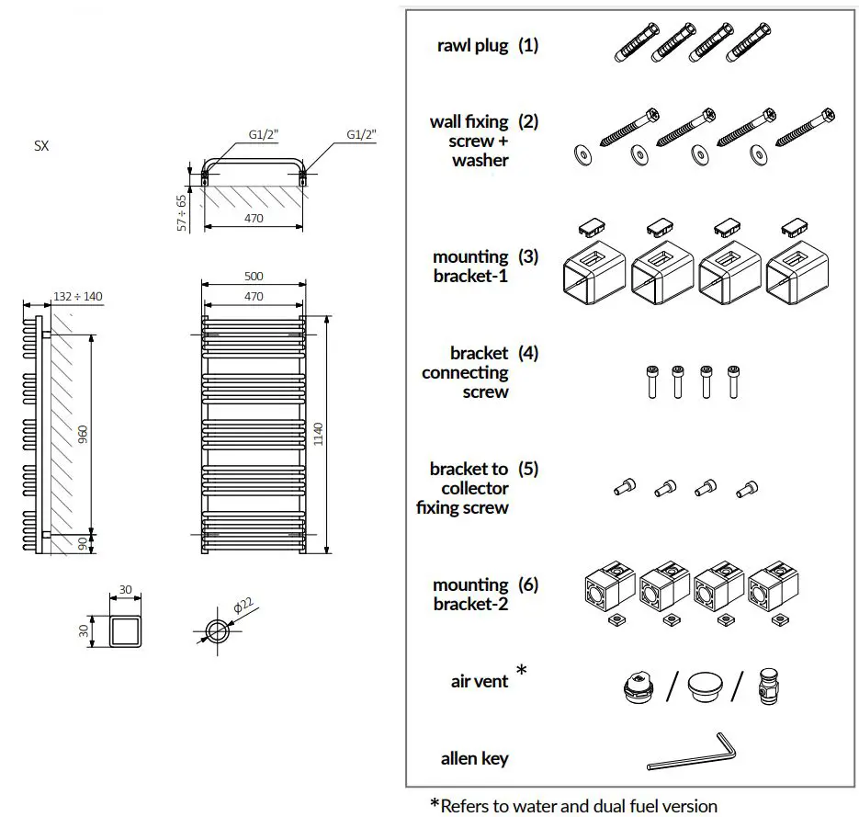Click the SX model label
[x=41, y=146]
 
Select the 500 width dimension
[x=254, y=276]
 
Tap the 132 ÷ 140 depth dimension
[x=78, y=296]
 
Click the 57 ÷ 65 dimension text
[x=182, y=211]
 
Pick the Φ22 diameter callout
[x=243, y=607]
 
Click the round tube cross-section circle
[x=219, y=632]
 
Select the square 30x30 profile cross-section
[x=126, y=631]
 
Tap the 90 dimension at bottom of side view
[x=83, y=544]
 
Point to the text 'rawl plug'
[x=472, y=45]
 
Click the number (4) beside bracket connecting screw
[x=527, y=353]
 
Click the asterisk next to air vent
[x=522, y=672]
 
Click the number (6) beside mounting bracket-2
[x=527, y=584]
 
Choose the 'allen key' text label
[x=474, y=758]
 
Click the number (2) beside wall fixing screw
[x=527, y=121]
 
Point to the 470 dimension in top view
[x=254, y=219]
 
